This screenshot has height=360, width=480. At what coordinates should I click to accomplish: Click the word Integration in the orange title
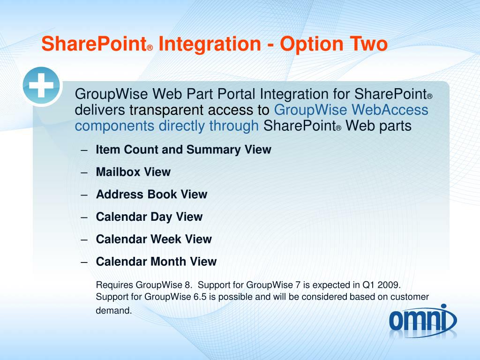pos(210,44)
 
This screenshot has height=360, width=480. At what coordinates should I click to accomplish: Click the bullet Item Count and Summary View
pos(184,150)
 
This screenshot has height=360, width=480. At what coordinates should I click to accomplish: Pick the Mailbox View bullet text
pos(133,172)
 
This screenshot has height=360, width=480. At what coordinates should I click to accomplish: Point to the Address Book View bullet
pos(151,194)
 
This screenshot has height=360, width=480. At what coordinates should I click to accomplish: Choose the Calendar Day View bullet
pos(149,217)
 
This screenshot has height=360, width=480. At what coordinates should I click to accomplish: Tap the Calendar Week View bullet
pos(154,239)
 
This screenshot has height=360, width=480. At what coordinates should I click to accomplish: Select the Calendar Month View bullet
pos(156,262)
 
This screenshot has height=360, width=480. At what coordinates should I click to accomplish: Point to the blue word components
pos(114,126)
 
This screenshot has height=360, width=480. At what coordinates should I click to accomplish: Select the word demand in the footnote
pos(113,310)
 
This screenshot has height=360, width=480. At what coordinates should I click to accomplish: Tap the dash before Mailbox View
pos(84,172)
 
